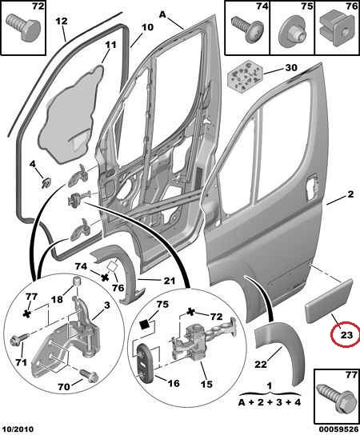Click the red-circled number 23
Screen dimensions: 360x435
click(x=346, y=335)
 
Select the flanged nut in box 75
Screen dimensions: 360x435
click(x=292, y=31)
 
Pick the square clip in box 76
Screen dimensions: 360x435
click(x=337, y=30)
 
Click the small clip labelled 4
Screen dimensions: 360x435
click(x=46, y=182)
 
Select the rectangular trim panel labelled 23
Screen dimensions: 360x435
click(x=329, y=301)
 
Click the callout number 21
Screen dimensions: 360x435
click(x=170, y=281)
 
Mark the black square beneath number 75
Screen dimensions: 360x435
click(x=145, y=324)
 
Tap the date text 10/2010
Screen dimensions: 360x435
click(x=18, y=429)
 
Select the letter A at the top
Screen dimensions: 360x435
click(x=162, y=14)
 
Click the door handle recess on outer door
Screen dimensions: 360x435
click(x=312, y=182)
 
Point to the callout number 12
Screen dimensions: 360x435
click(x=62, y=21)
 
